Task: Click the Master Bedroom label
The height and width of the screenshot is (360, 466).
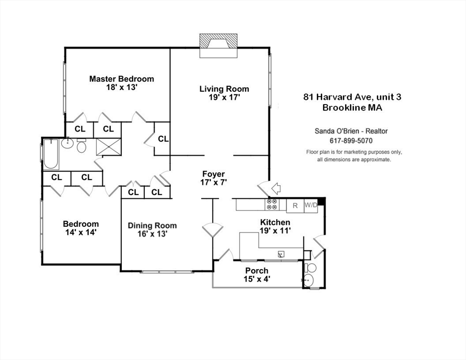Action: click(121, 79)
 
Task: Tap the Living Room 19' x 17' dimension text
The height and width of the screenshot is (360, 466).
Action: click(224, 97)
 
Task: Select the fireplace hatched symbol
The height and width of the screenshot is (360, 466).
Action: click(218, 41)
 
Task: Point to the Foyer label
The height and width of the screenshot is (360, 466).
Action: click(213, 174)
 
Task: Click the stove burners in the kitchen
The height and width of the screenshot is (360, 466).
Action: click(272, 204)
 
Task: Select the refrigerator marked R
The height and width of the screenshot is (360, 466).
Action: click(295, 205)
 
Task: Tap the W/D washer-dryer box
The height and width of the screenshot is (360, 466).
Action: click(311, 205)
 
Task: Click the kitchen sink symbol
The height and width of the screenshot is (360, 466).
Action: click(281, 254)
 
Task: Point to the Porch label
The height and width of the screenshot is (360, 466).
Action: click(257, 271)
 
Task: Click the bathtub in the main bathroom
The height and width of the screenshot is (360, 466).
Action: click(51, 154)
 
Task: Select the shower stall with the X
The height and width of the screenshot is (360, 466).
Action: click(108, 147)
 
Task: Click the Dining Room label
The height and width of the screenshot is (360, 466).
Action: click(152, 225)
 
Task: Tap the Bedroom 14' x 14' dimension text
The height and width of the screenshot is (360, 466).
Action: click(81, 232)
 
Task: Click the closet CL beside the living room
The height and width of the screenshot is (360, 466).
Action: click(163, 139)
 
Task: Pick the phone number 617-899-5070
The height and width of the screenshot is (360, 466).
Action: click(351, 141)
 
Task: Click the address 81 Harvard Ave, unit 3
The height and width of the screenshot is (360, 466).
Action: click(352, 97)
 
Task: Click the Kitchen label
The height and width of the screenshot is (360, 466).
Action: click(275, 222)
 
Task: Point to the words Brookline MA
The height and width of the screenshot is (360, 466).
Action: click(352, 107)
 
